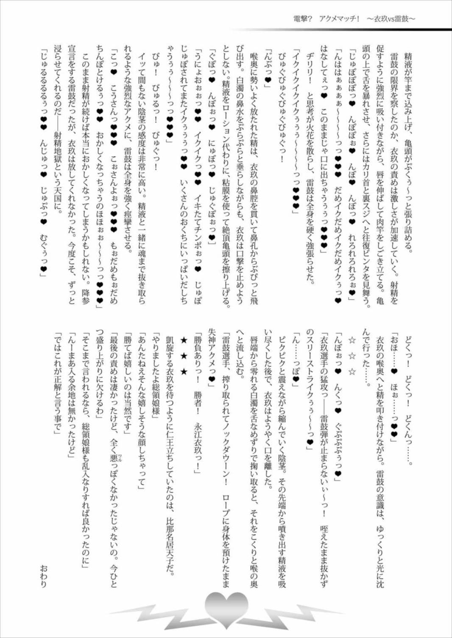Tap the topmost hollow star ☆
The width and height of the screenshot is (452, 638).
(x=352, y=340)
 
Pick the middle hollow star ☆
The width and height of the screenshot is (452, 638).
(x=352, y=356)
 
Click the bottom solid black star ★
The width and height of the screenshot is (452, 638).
(x=184, y=372)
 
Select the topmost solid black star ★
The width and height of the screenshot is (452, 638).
(x=184, y=340)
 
